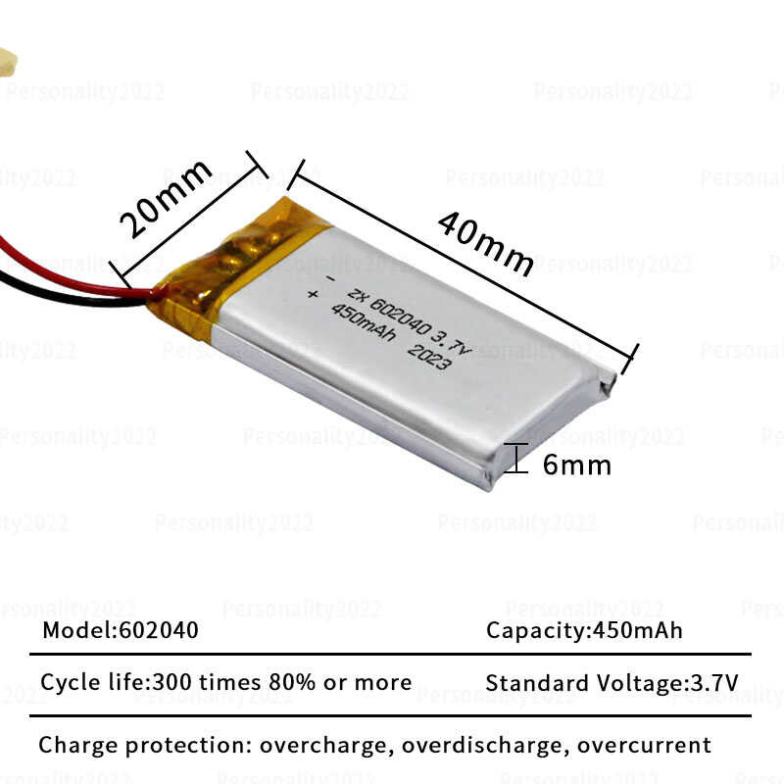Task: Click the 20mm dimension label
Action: [x=165, y=198]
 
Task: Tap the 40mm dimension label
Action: [x=486, y=243]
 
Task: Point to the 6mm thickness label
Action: [x=576, y=465]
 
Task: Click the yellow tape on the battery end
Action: [x=235, y=260]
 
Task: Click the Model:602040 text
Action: [x=120, y=630]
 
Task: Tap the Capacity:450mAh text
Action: [x=584, y=630]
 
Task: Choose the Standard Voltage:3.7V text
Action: [x=612, y=683]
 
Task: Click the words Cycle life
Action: [x=84, y=682]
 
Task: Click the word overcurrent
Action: [x=644, y=745]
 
